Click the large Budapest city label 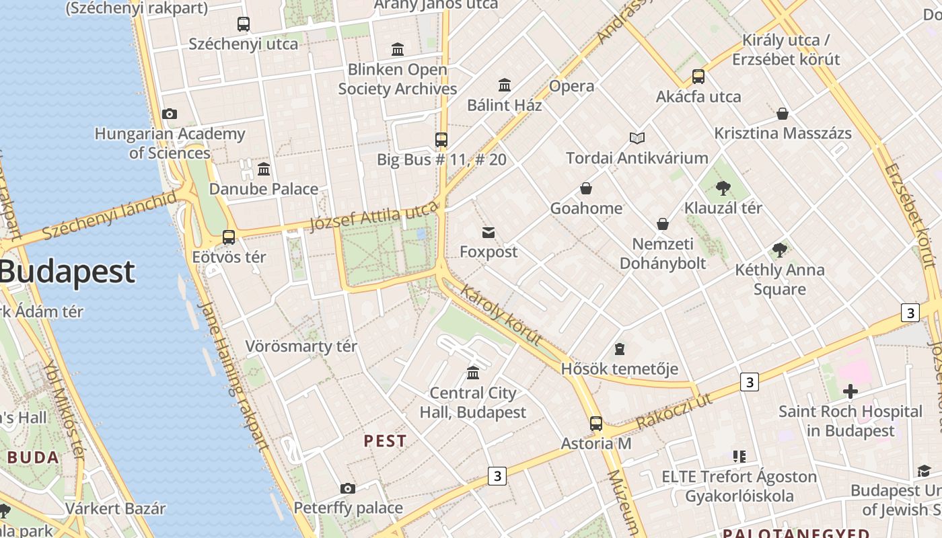(x=67, y=272)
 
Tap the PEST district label (x=385, y=441)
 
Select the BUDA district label (x=34, y=458)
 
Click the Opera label (x=571, y=86)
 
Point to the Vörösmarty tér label (x=301, y=346)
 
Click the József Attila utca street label (x=373, y=218)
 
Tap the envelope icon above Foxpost (x=488, y=233)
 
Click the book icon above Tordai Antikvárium (x=637, y=139)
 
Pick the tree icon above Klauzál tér (x=723, y=188)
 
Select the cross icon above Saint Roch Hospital (x=850, y=391)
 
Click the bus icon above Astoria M (x=596, y=424)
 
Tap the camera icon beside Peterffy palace (x=348, y=488)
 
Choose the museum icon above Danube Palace (x=264, y=169)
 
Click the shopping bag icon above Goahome (x=586, y=188)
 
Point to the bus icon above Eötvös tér (x=229, y=237)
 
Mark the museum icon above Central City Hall (x=473, y=373)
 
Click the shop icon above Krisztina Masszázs (x=783, y=114)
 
